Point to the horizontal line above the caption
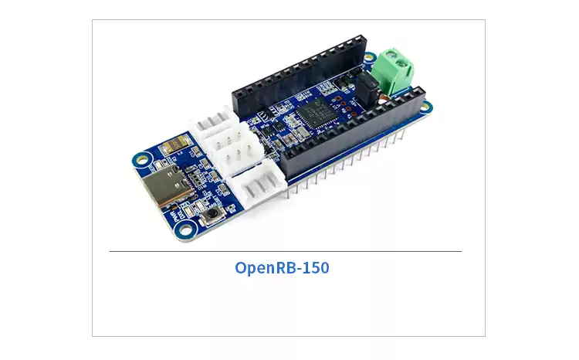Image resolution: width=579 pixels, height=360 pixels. pos(286,251)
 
